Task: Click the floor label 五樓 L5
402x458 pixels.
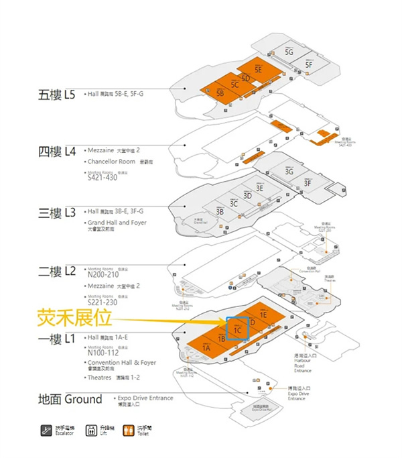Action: click(58, 95)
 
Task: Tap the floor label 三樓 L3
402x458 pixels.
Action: click(58, 213)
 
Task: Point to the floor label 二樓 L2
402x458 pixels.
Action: click(58, 272)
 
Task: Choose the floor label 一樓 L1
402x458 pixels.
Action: click(58, 339)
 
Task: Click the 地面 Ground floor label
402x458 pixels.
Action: click(70, 400)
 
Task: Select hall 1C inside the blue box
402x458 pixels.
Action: click(238, 329)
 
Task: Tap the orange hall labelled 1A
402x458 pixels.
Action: click(206, 349)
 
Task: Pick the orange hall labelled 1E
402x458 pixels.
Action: click(263, 314)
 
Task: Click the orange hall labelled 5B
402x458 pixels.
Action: click(220, 94)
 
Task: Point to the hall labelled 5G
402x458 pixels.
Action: click(289, 52)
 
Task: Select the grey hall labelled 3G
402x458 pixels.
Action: click(289, 172)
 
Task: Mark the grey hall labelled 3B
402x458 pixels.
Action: click(219, 211)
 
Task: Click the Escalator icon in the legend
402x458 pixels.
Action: click(47, 431)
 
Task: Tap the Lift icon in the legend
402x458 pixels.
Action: click(91, 431)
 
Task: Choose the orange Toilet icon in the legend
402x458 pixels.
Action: click(129, 431)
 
